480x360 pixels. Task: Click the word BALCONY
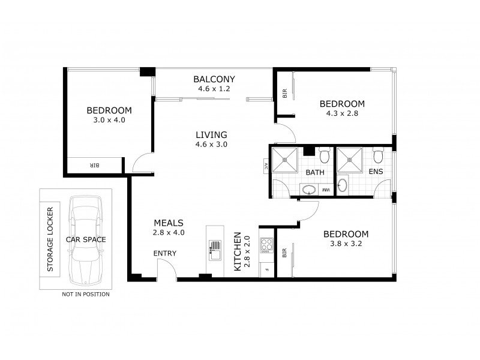[214, 79]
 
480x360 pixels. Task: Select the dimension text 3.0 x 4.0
[109, 120]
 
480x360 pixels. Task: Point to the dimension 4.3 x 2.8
[341, 113]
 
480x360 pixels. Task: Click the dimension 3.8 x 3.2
[346, 244]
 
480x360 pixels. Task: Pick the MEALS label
[169, 222]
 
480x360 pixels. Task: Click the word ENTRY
[165, 253]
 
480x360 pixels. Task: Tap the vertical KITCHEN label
[238, 250]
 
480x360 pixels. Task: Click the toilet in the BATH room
[324, 156]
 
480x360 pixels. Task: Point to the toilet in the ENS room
[377, 156]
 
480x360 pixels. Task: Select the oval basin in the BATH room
[309, 190]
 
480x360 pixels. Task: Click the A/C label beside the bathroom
[265, 166]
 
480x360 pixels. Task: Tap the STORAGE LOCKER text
[50, 239]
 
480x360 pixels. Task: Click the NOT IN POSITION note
[85, 295]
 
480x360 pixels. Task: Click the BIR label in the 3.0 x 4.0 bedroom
[94, 165]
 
